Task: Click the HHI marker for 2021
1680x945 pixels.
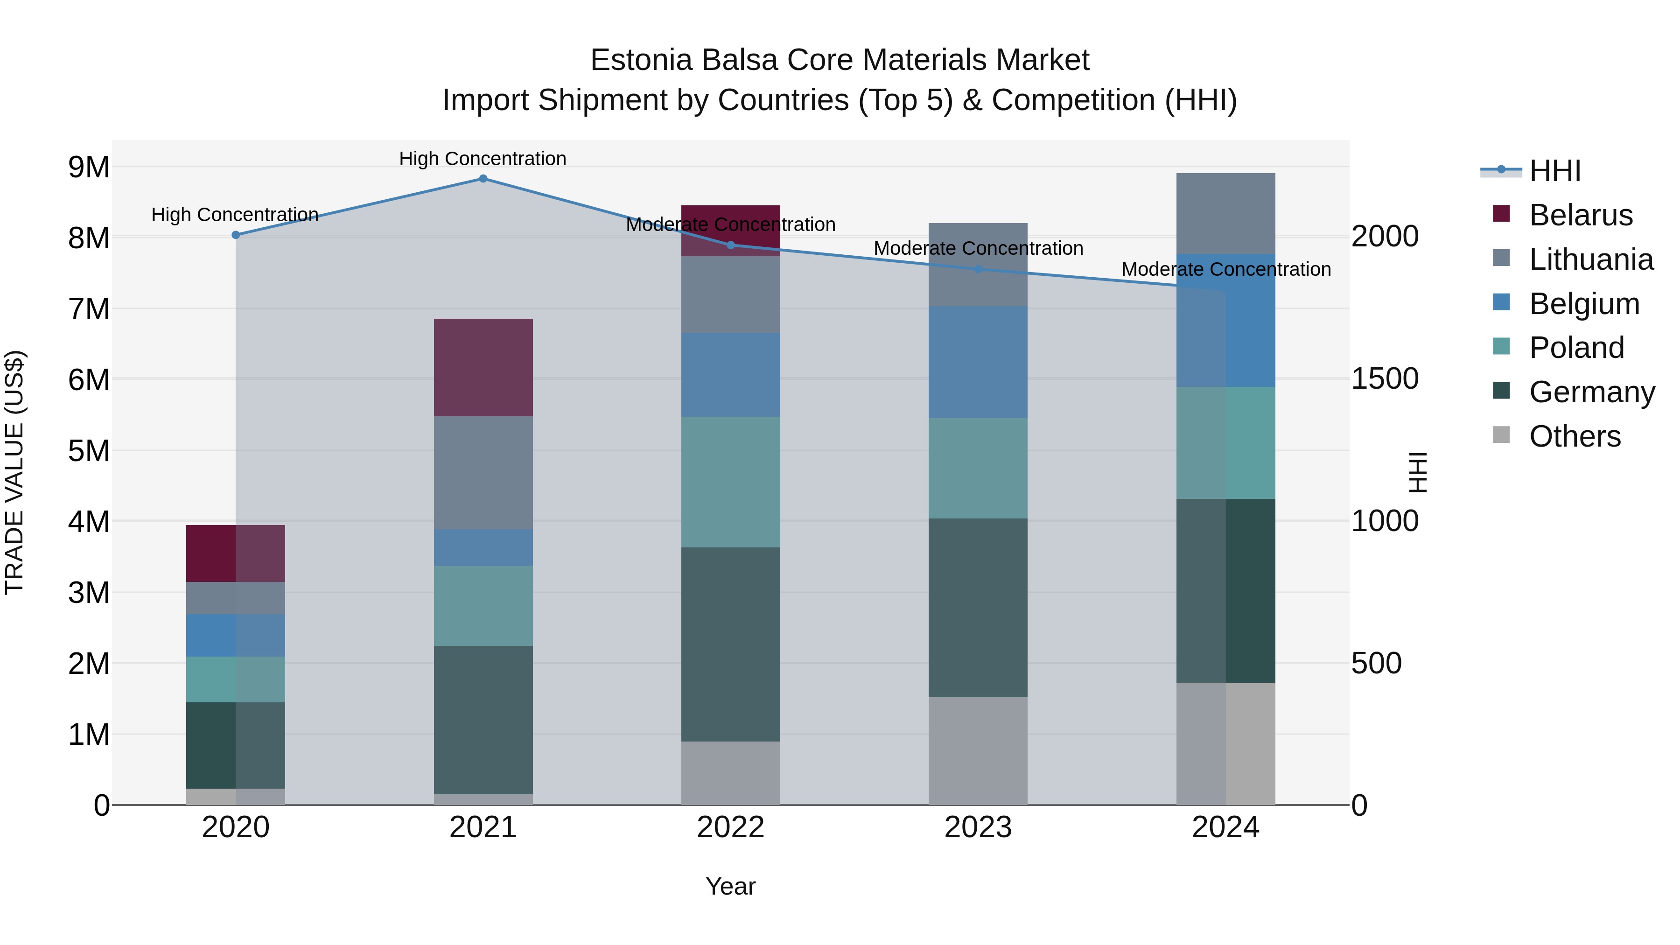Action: [x=483, y=179]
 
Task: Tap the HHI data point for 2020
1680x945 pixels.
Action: [x=236, y=235]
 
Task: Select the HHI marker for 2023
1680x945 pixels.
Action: [x=978, y=269]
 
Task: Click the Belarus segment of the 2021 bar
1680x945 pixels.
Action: [x=483, y=367]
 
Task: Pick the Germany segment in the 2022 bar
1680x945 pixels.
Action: [x=730, y=644]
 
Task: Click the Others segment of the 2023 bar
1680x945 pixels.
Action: [x=978, y=751]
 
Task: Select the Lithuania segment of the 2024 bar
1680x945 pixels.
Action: [x=1225, y=213]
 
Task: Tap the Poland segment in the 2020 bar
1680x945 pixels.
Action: [x=236, y=679]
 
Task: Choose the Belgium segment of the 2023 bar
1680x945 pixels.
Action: [x=978, y=362]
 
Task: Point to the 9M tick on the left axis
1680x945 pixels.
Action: [x=89, y=168]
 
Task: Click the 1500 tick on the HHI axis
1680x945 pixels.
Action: [x=1384, y=379]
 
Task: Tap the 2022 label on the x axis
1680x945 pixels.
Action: [x=730, y=827]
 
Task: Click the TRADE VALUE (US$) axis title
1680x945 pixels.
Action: [x=15, y=472]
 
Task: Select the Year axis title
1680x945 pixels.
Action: [x=730, y=886]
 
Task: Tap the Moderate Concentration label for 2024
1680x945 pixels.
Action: [x=1225, y=269]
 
